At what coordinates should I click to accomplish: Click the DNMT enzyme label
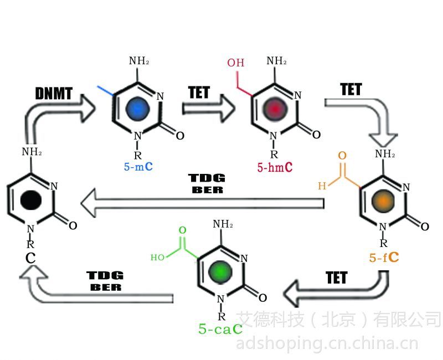(54, 93)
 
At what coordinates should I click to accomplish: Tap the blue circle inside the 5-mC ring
(137, 109)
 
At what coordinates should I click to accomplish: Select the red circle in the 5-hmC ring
(275, 109)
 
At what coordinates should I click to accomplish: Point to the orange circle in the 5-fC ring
(383, 200)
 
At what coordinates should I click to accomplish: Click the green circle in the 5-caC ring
(220, 272)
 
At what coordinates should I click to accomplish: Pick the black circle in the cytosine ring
(31, 200)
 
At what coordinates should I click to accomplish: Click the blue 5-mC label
(138, 167)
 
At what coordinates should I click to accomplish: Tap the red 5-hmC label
(275, 167)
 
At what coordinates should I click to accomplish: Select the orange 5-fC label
(384, 257)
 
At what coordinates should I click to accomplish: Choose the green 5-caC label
(220, 328)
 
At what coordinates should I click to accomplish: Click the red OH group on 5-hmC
(236, 63)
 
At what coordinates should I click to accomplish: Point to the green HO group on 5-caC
(157, 258)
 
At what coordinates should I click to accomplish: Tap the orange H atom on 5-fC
(322, 186)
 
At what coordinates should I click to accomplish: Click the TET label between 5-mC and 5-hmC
(199, 92)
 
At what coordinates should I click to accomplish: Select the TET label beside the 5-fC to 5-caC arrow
(336, 277)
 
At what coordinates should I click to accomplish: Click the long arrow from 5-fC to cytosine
(202, 203)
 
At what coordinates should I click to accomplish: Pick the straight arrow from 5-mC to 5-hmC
(209, 108)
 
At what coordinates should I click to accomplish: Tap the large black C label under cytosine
(30, 258)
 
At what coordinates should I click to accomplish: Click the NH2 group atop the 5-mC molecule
(139, 61)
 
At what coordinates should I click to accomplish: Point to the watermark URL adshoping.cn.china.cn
(327, 343)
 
